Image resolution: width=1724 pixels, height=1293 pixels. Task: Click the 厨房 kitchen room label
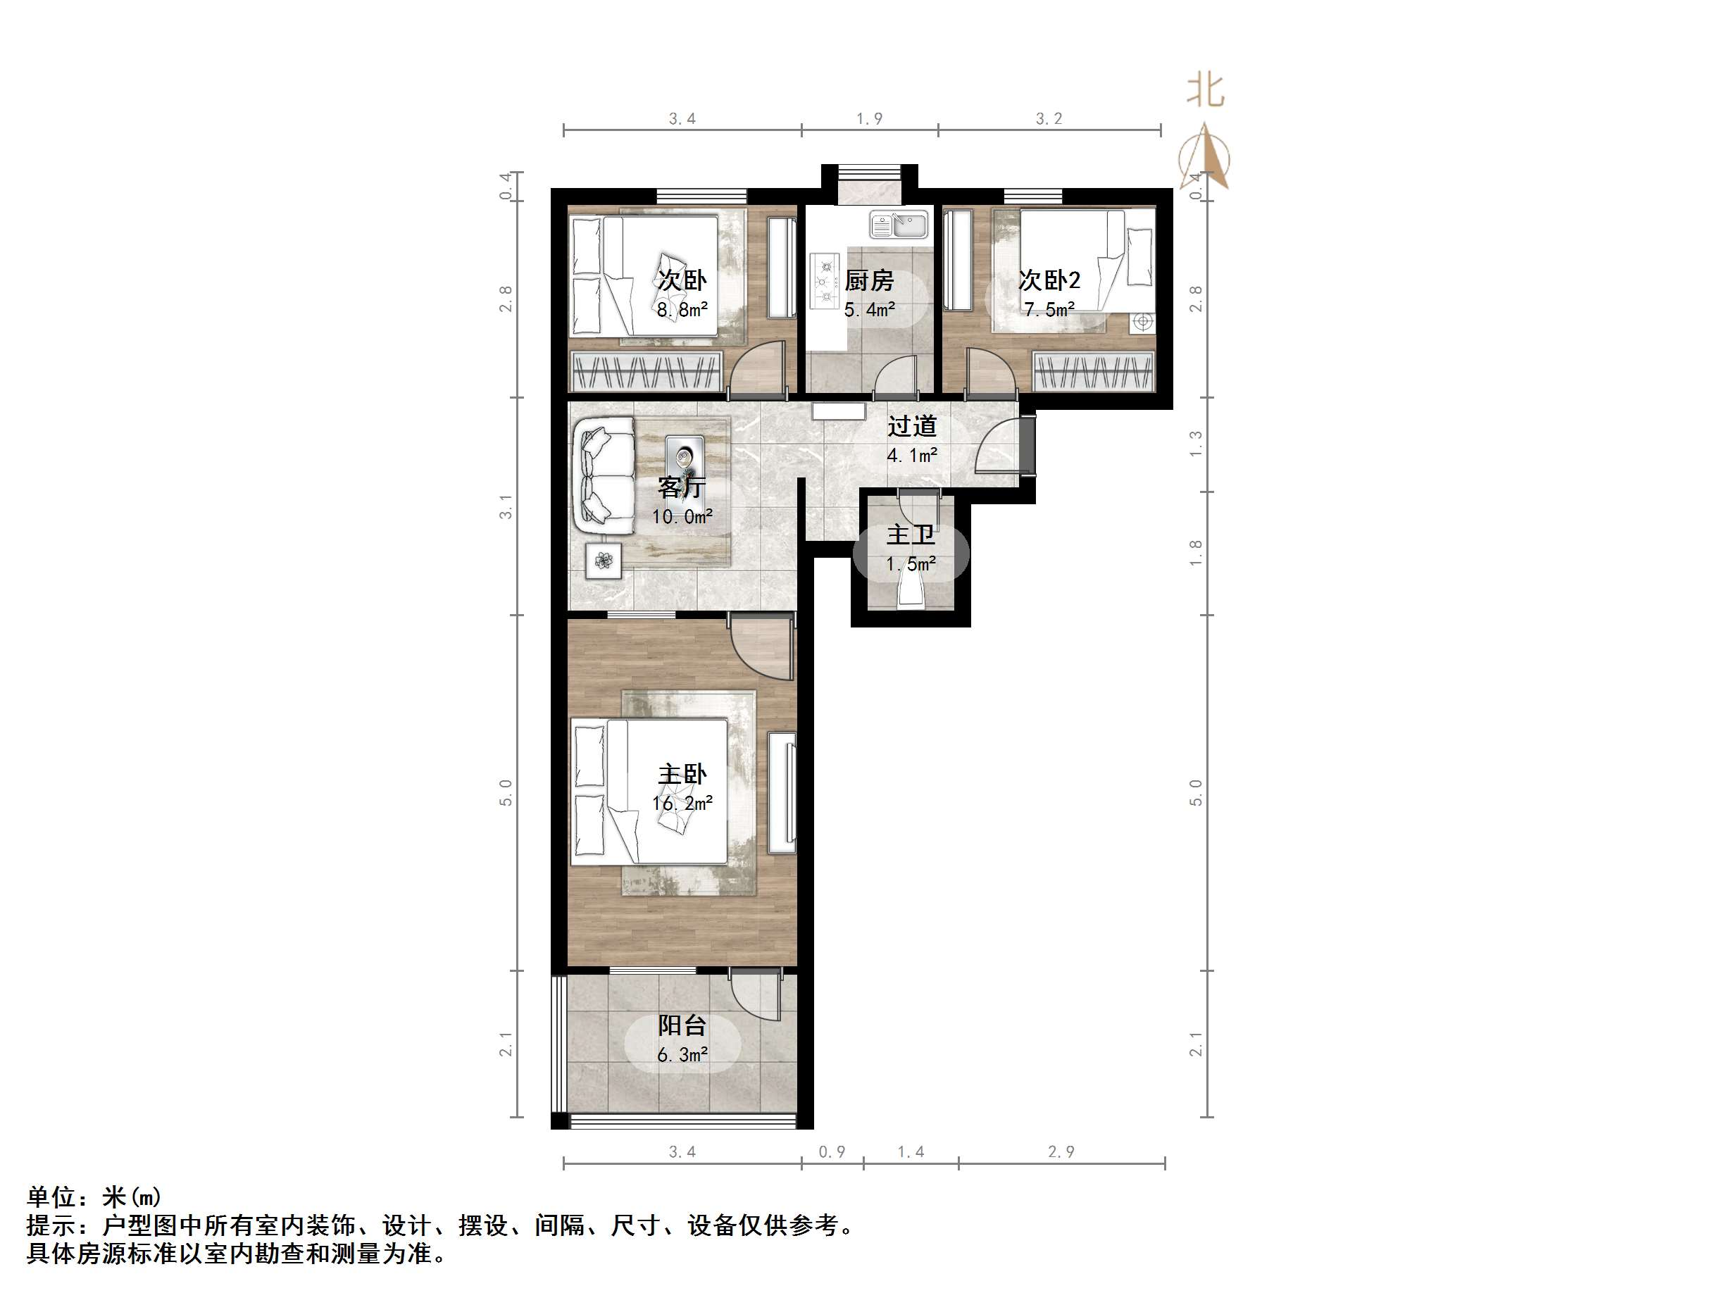pos(869,280)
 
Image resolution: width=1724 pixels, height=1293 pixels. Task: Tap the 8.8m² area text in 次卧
pos(682,309)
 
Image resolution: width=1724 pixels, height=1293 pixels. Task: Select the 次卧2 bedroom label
pos(1049,280)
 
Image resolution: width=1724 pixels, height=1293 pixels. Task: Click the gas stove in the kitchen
pos(823,279)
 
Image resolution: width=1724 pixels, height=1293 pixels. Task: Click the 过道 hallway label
pos(912,426)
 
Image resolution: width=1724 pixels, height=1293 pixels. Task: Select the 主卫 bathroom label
pos(911,535)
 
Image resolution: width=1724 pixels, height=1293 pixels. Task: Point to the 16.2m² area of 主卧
pos(682,803)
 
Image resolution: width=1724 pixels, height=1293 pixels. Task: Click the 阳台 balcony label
pos(682,1025)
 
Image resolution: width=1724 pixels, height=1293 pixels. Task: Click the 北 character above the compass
pos(1205,91)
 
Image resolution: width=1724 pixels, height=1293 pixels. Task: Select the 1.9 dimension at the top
pos(869,118)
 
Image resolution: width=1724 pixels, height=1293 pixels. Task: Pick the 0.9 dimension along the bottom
pos(832,1152)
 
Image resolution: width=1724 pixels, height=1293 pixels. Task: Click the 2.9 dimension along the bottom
pos(1061,1152)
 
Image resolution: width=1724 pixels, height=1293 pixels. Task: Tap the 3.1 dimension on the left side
pos(506,506)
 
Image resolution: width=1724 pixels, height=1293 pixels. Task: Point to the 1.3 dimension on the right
pos(1196,444)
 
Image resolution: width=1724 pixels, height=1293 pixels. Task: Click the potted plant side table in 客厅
pos(604,560)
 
